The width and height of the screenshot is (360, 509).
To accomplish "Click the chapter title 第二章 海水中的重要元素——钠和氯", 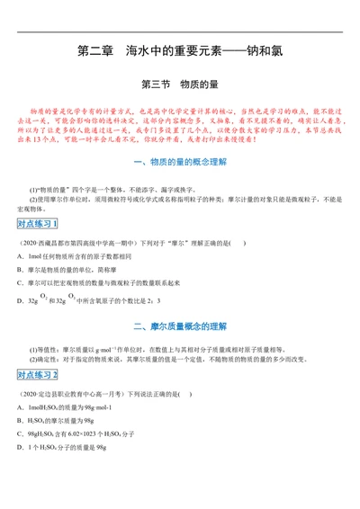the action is (180, 52).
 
